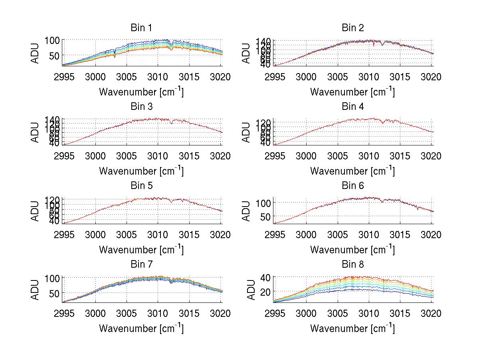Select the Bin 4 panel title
pos(353,107)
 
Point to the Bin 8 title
pos(353,265)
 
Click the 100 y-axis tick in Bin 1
pos(52,40)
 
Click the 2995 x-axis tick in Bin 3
pos(64,156)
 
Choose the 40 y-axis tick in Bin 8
pos(266,277)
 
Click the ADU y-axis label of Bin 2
pos(247,53)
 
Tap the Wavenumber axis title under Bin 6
pos(352,250)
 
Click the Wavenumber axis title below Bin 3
pos(141,171)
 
